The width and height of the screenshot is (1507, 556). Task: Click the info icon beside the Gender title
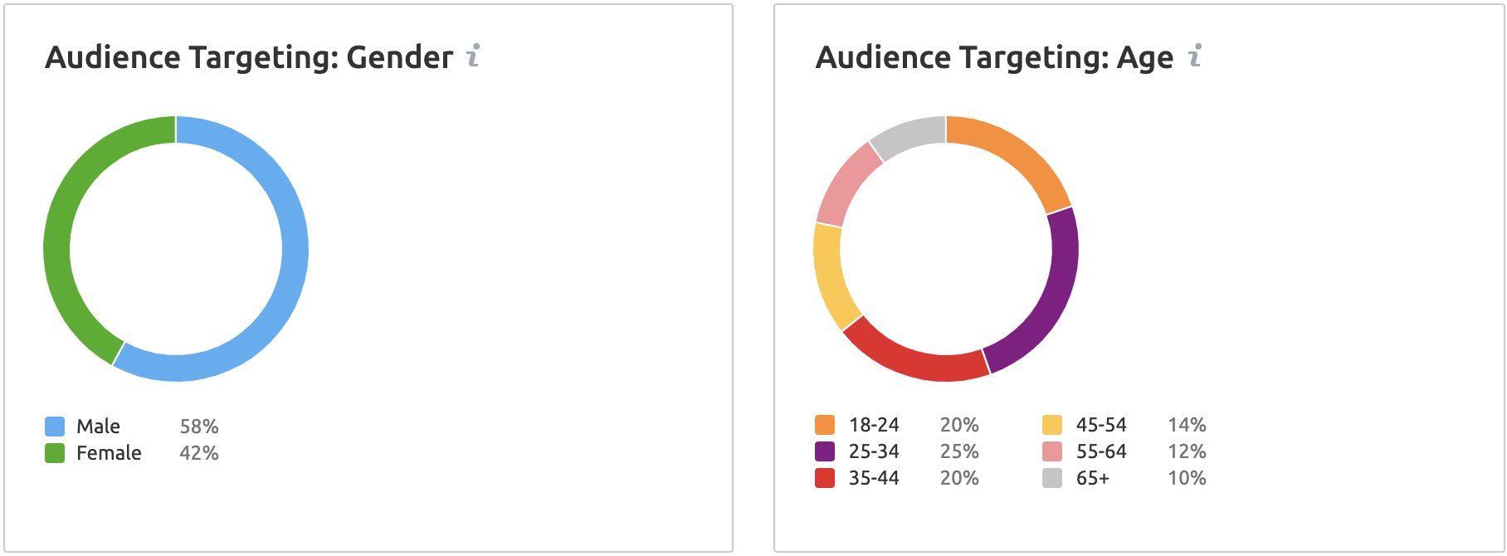(x=473, y=56)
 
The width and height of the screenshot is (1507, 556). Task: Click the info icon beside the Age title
(x=1195, y=56)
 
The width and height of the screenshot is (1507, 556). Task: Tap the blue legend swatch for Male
(x=55, y=427)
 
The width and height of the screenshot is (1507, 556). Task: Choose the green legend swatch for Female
(x=55, y=453)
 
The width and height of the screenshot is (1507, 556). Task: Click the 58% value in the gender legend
(x=199, y=427)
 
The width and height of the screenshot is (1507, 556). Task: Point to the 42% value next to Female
(x=199, y=453)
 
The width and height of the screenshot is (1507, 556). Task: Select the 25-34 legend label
(x=874, y=451)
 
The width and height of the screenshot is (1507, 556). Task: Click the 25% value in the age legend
(x=959, y=451)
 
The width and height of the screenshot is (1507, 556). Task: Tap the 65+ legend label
(x=1093, y=478)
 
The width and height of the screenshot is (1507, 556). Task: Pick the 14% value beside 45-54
(x=1187, y=425)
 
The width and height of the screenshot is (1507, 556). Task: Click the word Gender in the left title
(x=399, y=57)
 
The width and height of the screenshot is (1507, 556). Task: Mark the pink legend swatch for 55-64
(x=1052, y=451)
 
